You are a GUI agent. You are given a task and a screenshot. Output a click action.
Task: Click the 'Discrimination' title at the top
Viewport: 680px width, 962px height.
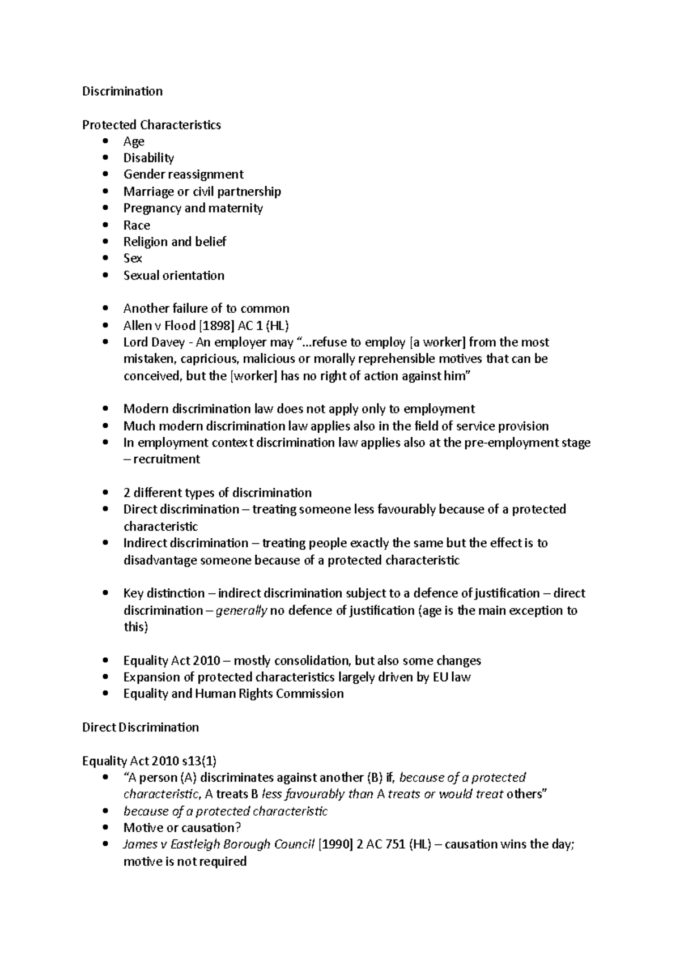(x=122, y=91)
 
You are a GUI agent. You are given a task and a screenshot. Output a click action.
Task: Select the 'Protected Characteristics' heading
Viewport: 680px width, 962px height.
(x=151, y=125)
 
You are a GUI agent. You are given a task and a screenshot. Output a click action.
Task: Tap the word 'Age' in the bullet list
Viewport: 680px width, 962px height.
(x=134, y=142)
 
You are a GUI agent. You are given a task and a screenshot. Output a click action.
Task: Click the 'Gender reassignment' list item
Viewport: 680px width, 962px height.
(x=183, y=174)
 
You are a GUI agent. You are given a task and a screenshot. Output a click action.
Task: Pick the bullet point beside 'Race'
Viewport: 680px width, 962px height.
(x=105, y=225)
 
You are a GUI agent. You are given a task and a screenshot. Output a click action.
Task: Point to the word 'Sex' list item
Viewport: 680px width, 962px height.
(x=133, y=258)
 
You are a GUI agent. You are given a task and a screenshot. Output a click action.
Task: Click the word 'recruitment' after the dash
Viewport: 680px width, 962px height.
(x=167, y=459)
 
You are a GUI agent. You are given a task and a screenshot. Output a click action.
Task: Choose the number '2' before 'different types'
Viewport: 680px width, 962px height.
(x=126, y=493)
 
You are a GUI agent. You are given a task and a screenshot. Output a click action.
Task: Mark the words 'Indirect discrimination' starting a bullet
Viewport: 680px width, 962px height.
(x=186, y=543)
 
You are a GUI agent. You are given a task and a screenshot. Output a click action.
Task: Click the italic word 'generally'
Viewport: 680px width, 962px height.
(x=241, y=611)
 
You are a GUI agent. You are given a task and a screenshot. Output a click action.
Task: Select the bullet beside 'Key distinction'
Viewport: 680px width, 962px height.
(x=105, y=593)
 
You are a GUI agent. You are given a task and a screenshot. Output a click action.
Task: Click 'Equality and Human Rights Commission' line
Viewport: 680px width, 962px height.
(x=233, y=694)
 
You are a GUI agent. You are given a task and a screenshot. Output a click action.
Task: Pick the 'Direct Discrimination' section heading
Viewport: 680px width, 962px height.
(x=141, y=727)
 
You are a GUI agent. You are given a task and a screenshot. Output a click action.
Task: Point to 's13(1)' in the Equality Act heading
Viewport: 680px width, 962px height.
(x=198, y=761)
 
